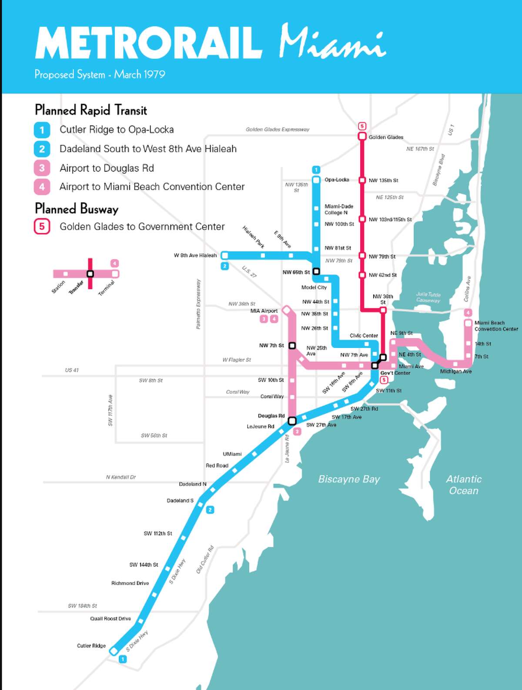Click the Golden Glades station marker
[x=362, y=136]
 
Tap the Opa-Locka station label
[x=337, y=180]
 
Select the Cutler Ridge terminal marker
[x=114, y=651]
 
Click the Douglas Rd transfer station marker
[x=292, y=421]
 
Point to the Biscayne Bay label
[x=349, y=479]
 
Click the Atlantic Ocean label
[x=464, y=485]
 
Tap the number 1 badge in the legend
[x=42, y=130]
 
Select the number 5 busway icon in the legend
[x=42, y=227]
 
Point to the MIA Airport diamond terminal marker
[x=286, y=310]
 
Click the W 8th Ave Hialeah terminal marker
[x=225, y=255]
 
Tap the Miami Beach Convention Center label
[x=495, y=326]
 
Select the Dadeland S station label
[x=180, y=500]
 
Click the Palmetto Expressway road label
[x=198, y=304]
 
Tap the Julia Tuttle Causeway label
[x=428, y=297]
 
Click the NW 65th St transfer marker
[x=316, y=271]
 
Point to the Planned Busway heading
[x=77, y=209]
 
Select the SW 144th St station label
[x=144, y=565]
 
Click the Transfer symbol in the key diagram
[x=90, y=274]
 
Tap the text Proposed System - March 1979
[x=100, y=74]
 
